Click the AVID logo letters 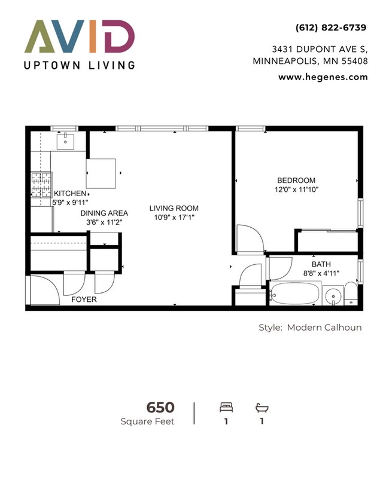(x=79, y=36)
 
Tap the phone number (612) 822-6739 (x=330, y=27)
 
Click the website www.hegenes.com (x=323, y=77)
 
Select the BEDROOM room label (x=296, y=181)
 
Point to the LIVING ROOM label (x=174, y=208)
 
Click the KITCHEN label (x=70, y=194)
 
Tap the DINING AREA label (x=104, y=213)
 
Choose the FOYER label (x=84, y=299)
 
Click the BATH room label (x=321, y=264)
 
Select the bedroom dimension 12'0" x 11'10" (x=296, y=190)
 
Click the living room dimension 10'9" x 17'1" (x=174, y=218)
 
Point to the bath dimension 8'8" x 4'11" (x=321, y=273)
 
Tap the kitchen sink (x=65, y=142)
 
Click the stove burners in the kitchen (x=41, y=185)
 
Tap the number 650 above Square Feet (x=160, y=408)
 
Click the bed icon (x=226, y=408)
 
